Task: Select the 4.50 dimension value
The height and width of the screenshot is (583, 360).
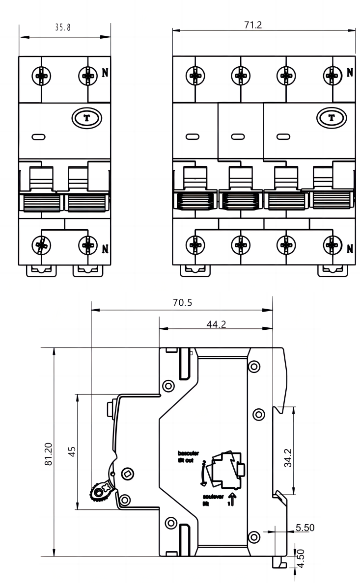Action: click(302, 557)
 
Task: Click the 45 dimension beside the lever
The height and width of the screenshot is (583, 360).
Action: click(72, 452)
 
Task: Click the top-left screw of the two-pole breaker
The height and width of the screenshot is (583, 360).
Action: click(41, 76)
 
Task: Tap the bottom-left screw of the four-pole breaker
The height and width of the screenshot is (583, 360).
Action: click(195, 244)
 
